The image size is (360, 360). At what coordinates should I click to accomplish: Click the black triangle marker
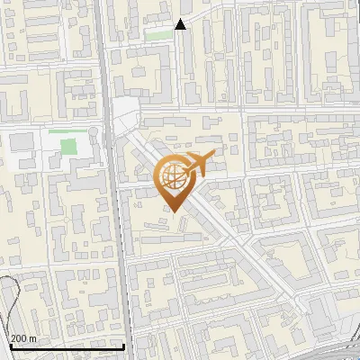coord(181,24)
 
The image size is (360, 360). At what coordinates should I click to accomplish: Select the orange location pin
coord(175,181)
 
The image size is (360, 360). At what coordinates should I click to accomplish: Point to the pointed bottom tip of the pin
coord(175,212)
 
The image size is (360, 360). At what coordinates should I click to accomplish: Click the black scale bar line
coord(63,347)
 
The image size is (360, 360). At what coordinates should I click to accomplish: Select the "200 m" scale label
coord(24,338)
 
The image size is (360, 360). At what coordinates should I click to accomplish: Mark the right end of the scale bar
coord(123,347)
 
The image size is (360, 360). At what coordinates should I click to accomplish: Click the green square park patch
coord(62,145)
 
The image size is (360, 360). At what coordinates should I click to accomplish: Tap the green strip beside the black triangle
coord(159,35)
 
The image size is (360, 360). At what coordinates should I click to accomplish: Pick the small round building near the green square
coord(93,132)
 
